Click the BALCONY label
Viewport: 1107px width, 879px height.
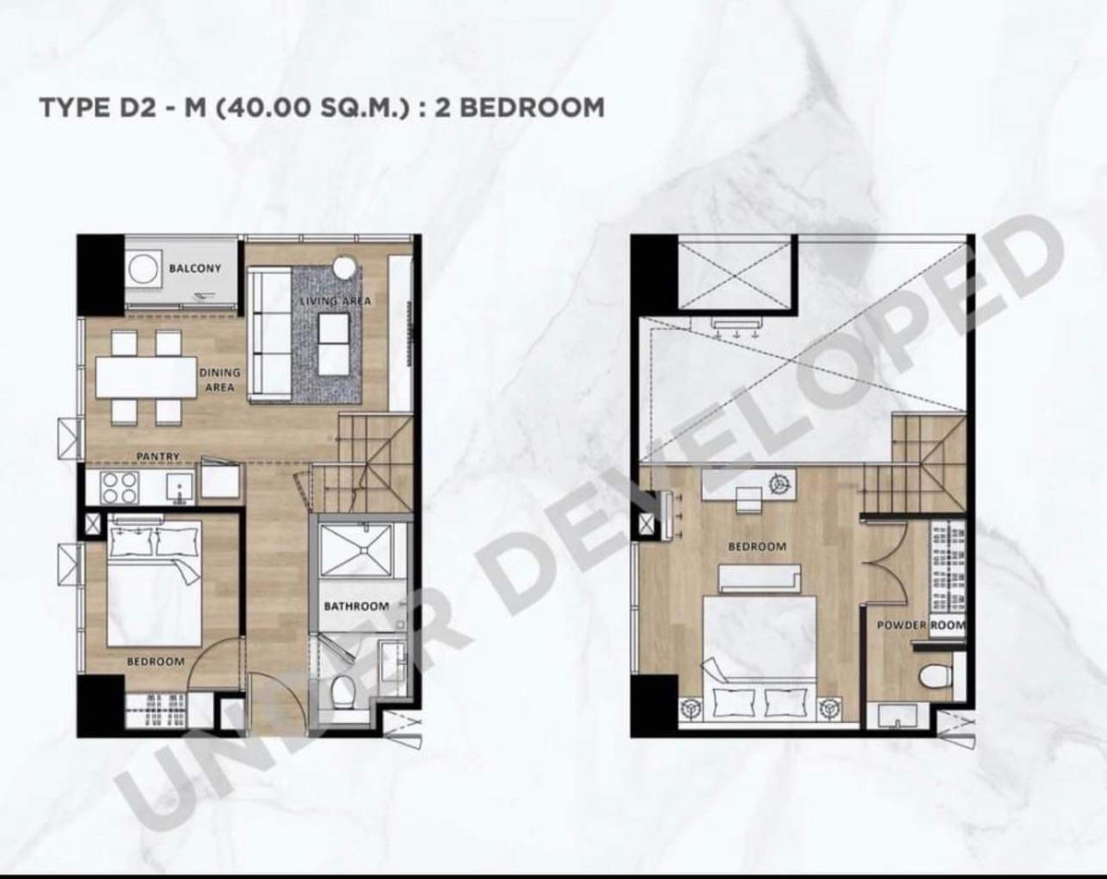pos(195,268)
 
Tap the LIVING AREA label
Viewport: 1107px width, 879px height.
pos(335,301)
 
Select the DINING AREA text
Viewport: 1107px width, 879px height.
pos(220,380)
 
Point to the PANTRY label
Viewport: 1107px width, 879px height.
pos(158,457)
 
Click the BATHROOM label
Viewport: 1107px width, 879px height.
pos(356,606)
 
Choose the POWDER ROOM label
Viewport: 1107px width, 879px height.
pos(922,625)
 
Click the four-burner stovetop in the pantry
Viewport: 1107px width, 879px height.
pos(120,487)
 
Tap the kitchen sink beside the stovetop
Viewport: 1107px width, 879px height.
pos(180,488)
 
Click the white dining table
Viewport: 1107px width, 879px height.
pos(147,377)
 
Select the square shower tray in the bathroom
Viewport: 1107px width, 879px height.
pos(356,550)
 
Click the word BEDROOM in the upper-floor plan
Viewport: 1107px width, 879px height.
pos(757,547)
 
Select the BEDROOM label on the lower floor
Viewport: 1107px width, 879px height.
pos(156,661)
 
